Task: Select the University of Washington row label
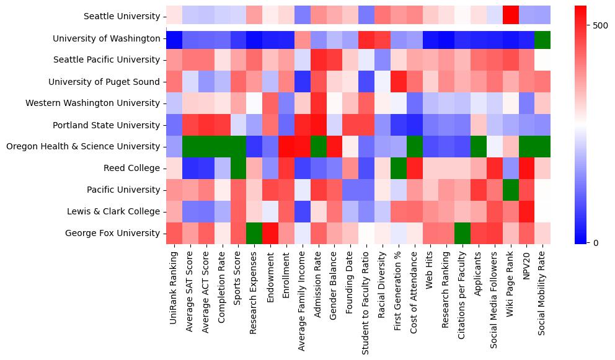pos(107,38)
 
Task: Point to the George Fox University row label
pos(113,233)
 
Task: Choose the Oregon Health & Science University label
pos(82,146)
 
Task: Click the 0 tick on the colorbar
pos(596,242)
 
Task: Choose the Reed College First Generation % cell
pos(398,168)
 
